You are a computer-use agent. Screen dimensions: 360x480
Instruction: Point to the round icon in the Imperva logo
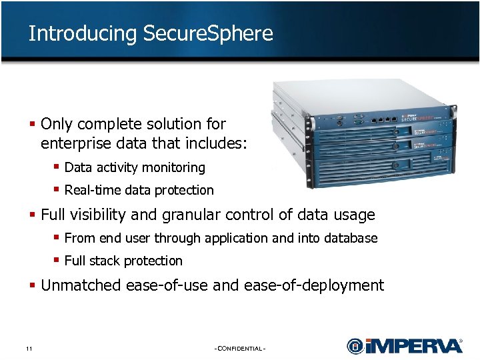coord(355,346)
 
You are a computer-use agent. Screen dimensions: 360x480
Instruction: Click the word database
coord(352,238)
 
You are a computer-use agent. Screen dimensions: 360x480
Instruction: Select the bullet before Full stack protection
coord(57,260)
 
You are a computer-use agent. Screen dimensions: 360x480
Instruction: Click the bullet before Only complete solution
coord(33,124)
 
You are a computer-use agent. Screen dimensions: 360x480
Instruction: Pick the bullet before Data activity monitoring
coord(57,167)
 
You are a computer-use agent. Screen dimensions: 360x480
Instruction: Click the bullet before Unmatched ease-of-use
coord(33,285)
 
